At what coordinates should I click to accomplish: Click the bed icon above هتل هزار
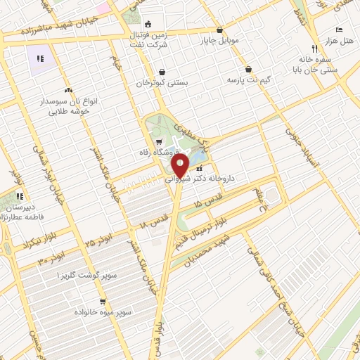pyautogui.click(x=340, y=30)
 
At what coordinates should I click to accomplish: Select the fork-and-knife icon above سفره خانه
pyautogui.click(x=315, y=49)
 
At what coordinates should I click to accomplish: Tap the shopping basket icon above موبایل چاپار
pyautogui.click(x=221, y=30)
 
